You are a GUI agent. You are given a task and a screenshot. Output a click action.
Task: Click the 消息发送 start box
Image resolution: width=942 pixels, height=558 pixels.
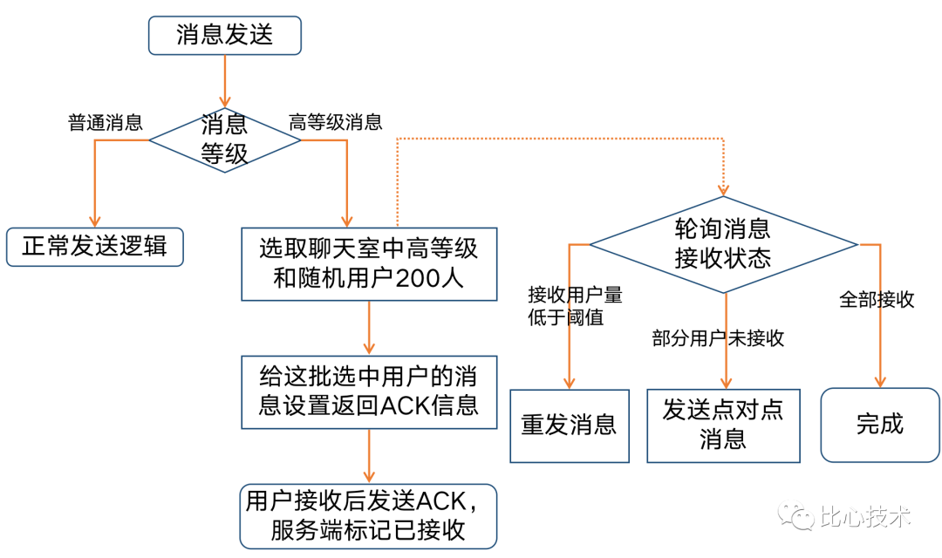[225, 35]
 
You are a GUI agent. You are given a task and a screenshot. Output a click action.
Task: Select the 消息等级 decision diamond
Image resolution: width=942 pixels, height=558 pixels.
[225, 139]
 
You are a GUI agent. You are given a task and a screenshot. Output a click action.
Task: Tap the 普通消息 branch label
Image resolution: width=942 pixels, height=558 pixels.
[106, 122]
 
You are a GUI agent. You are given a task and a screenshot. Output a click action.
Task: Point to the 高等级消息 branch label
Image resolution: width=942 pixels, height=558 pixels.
[336, 122]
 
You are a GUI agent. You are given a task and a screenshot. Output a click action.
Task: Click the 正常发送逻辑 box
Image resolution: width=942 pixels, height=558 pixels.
[95, 247]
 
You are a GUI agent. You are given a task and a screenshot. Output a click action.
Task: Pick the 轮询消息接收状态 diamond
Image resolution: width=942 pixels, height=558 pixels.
[723, 244]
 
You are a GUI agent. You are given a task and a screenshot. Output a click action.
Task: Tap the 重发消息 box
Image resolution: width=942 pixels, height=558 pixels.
[570, 425]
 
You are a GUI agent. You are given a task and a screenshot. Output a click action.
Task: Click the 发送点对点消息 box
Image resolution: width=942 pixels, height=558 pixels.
[723, 425]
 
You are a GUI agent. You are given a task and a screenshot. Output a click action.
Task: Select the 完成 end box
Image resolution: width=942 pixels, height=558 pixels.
[880, 425]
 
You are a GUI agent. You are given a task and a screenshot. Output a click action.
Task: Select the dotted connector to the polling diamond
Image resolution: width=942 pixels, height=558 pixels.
[558, 138]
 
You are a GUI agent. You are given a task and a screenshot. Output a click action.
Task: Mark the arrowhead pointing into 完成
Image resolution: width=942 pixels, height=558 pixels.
[880, 381]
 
